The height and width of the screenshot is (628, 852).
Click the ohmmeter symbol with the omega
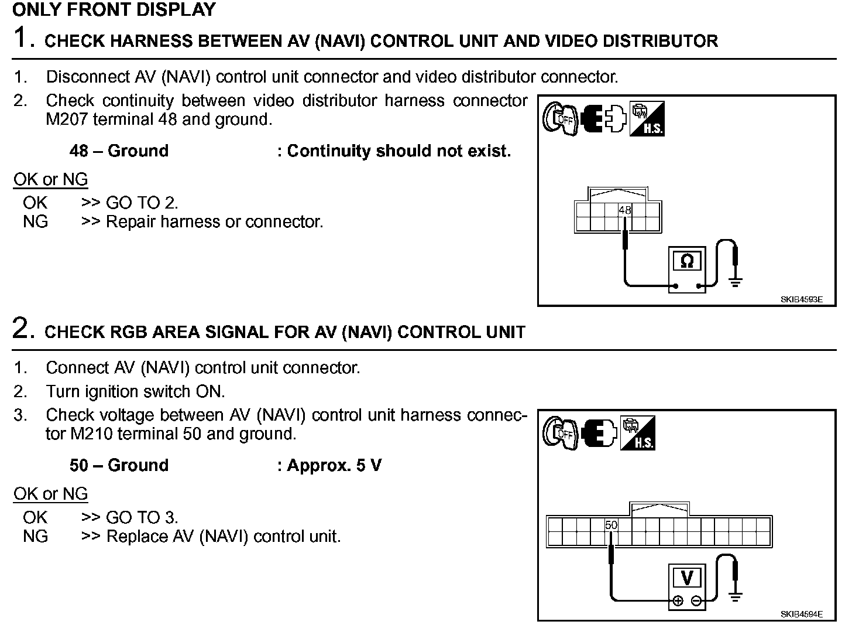point(687,261)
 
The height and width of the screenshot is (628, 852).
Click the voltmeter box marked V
point(687,578)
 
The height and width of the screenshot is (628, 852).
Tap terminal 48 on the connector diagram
point(625,210)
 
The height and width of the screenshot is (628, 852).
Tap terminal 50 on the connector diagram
point(611,525)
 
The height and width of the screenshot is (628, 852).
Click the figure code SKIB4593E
point(801,299)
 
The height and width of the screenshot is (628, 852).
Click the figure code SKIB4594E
point(801,614)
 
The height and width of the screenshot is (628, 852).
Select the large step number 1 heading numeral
point(22,38)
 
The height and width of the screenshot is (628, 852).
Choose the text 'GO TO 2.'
point(142,203)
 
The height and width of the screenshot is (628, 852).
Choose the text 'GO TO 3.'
point(142,518)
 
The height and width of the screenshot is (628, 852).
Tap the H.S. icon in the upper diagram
point(647,120)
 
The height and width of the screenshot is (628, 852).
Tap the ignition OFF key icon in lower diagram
point(559,434)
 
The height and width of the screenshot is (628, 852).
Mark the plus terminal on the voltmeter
point(678,600)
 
